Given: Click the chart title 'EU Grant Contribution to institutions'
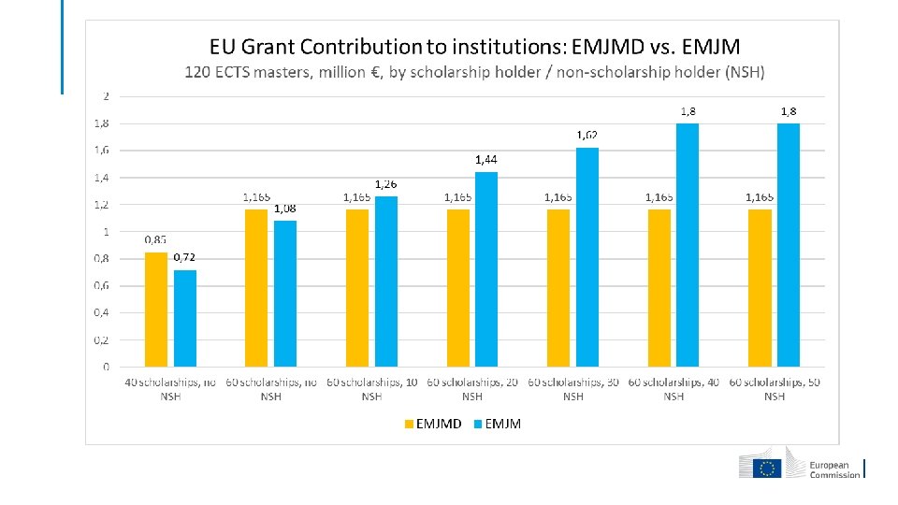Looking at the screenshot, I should coord(474,46).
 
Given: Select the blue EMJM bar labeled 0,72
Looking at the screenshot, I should coord(185,318).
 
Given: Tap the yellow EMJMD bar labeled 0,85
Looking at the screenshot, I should coord(156,309).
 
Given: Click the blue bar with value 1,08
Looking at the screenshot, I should coord(285,293).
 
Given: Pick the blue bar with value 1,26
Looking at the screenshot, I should coord(386,281).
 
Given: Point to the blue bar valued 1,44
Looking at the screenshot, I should coord(486,268).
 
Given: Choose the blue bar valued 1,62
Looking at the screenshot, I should coord(587,256).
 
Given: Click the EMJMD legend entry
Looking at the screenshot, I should coord(433,424).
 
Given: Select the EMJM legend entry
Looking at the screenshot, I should coord(497,424).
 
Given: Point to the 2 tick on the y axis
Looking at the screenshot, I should coord(106,95).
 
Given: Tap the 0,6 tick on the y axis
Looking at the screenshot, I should coord(100,285).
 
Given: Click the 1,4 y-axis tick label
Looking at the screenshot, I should coord(100,177).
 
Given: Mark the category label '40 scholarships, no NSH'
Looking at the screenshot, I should coord(170,389).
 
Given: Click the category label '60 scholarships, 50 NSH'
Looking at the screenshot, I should coord(775,389).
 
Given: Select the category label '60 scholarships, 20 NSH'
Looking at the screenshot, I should coord(472,389).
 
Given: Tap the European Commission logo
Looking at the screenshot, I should coord(801,468).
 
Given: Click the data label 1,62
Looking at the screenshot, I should coord(587,136).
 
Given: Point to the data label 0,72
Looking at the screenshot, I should coord(185,257).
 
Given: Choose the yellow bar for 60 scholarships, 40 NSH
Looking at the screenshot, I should coord(659,288).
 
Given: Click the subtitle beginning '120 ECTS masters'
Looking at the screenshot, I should coord(474,72).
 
